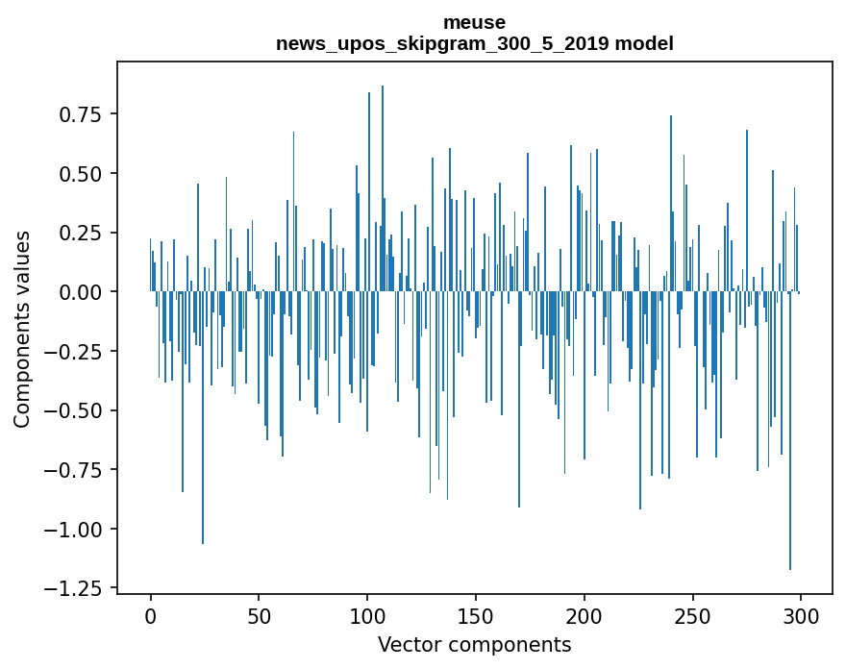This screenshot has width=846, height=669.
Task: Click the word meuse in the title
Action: click(x=474, y=22)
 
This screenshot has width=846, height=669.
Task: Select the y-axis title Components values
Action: click(x=21, y=329)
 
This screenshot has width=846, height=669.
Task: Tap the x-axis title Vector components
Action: click(x=474, y=645)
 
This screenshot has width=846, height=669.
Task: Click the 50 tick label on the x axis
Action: click(x=259, y=618)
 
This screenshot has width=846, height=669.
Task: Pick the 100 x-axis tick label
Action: click(x=367, y=618)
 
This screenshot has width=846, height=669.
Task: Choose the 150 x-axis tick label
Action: click(x=475, y=618)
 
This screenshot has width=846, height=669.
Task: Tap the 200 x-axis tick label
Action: click(x=584, y=618)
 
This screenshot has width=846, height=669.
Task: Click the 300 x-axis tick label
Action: click(x=800, y=618)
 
